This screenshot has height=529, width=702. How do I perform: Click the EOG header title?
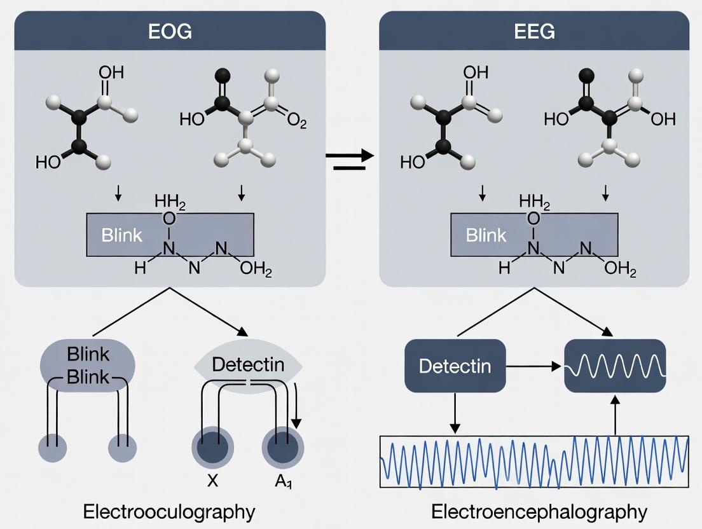169,32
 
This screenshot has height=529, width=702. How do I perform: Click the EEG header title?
534,32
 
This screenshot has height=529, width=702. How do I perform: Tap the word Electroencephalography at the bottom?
539,511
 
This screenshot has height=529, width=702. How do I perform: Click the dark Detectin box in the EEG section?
455,366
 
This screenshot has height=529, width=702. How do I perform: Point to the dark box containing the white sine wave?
615,366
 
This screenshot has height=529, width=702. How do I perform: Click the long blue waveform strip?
534,461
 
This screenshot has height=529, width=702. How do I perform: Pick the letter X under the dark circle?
212,481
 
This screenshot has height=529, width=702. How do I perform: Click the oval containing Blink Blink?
88,364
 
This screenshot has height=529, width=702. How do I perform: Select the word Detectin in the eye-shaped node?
248,365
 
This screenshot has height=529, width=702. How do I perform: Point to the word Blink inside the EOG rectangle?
121,235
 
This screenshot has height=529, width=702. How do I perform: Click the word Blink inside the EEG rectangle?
486,235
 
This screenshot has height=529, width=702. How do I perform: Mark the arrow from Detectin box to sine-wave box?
535,366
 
